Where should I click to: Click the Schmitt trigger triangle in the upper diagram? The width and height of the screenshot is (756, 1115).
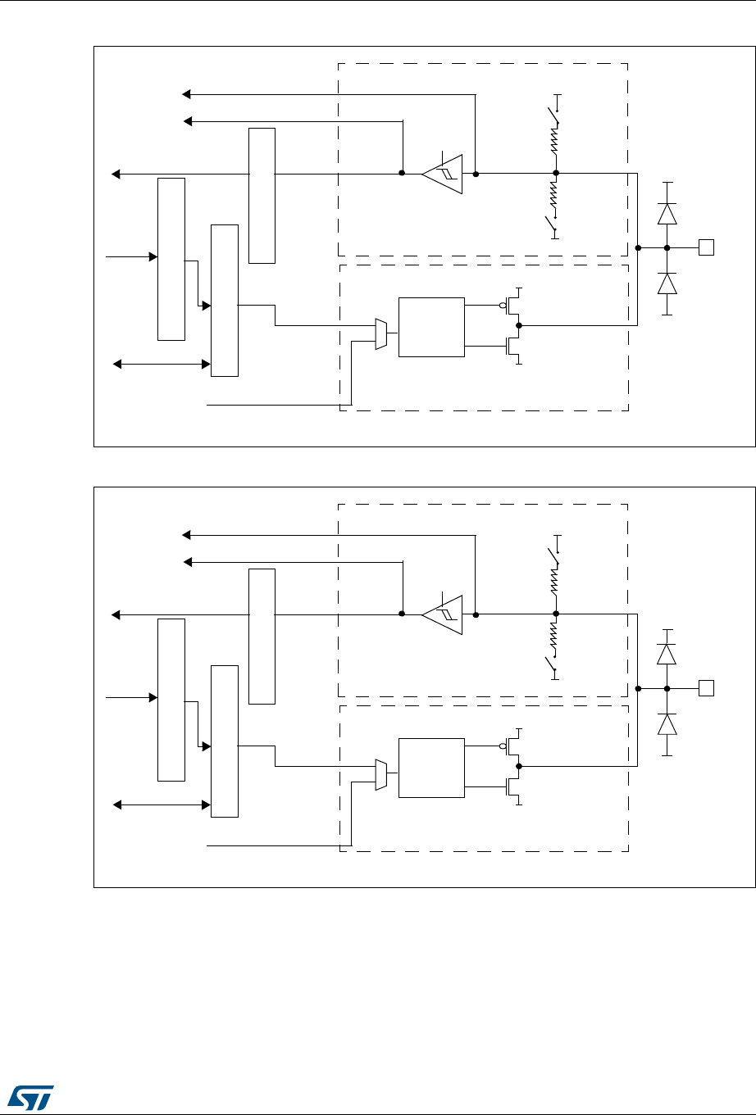(x=444, y=174)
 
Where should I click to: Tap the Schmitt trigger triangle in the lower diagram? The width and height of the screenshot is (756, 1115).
(x=444, y=614)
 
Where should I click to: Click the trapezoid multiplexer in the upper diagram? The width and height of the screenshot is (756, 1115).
(x=380, y=334)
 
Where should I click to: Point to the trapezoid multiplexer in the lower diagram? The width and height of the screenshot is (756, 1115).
(x=380, y=775)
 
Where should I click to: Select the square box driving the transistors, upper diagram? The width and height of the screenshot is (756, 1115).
(x=430, y=327)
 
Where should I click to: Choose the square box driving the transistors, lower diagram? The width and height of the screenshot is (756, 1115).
(x=430, y=768)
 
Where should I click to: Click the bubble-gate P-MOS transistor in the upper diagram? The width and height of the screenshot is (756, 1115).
(x=512, y=306)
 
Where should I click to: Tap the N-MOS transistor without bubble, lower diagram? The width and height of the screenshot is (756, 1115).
(x=513, y=790)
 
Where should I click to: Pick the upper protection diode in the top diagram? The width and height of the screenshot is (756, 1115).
(x=667, y=214)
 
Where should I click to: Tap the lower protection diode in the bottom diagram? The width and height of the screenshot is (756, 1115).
(x=667, y=724)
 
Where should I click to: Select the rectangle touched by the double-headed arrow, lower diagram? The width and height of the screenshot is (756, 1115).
(x=225, y=741)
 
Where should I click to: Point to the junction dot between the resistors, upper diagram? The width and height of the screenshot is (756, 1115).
(x=556, y=174)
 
